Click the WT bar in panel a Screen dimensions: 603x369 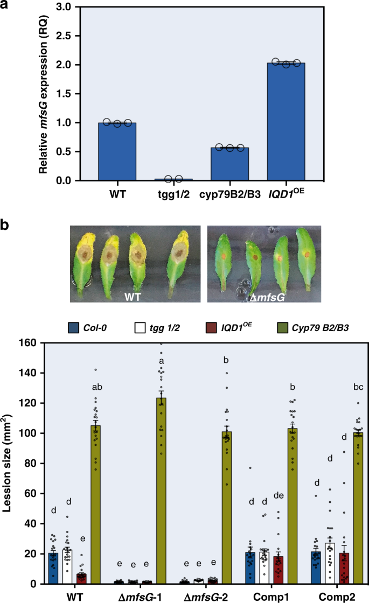117,152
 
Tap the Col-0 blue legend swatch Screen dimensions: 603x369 74,328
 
